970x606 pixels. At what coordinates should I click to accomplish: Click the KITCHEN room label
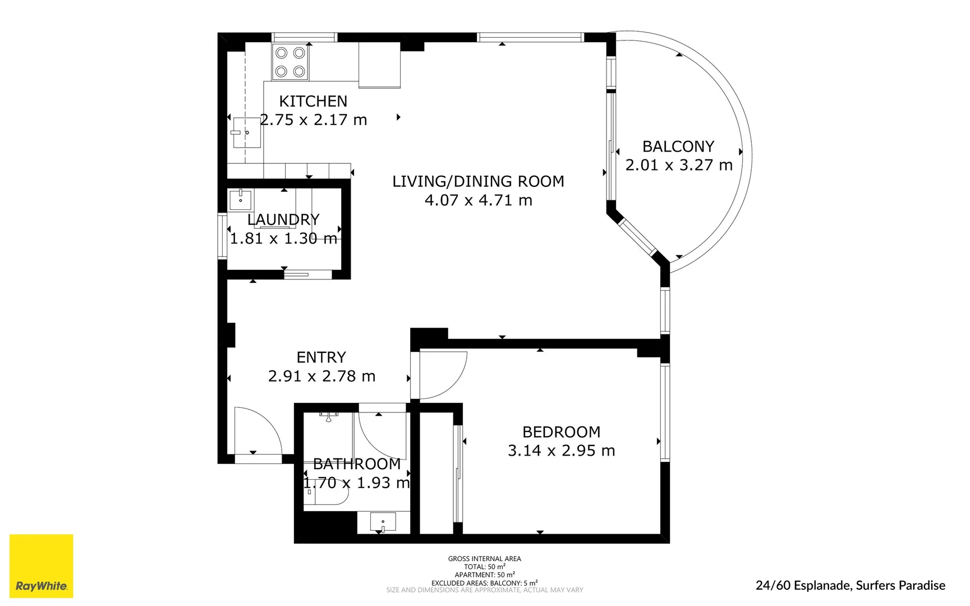313,102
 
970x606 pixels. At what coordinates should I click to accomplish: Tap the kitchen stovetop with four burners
290,62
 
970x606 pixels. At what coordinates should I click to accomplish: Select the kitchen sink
247,132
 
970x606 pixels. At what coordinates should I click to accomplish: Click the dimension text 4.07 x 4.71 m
478,200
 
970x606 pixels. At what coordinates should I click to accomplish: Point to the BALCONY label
678,146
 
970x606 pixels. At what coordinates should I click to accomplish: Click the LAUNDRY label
283,219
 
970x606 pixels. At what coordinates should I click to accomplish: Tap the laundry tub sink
241,200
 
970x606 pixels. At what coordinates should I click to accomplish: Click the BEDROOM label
561,432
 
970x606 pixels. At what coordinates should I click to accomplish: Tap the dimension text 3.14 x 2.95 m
561,451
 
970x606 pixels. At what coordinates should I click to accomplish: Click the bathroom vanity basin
383,522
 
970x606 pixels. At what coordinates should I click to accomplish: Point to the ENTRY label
321,357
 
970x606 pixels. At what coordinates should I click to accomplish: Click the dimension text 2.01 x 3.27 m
679,165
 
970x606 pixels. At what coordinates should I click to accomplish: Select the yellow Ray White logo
42,566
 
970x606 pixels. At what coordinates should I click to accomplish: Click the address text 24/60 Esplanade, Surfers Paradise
850,585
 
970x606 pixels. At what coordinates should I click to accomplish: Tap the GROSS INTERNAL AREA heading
484,558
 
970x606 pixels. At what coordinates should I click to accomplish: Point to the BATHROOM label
357,464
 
